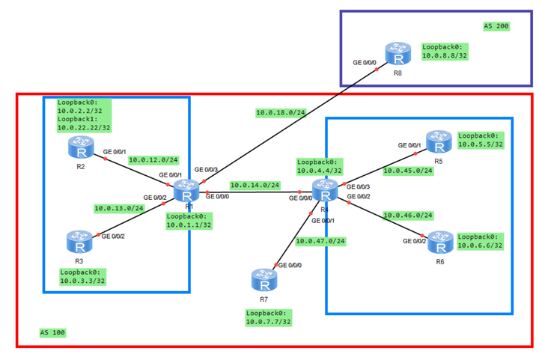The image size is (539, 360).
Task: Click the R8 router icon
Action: [x=398, y=53]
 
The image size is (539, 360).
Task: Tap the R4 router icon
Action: [x=325, y=190]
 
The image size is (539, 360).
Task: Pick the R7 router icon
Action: [x=264, y=280]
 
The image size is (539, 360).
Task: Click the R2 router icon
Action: [x=81, y=147]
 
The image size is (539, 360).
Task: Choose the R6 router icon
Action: [x=440, y=242]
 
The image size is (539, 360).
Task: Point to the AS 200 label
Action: [x=496, y=26]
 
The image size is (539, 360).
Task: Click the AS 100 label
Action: [x=52, y=332]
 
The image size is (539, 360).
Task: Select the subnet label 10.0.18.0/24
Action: [x=281, y=113]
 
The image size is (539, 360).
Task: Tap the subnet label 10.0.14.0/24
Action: [x=255, y=185]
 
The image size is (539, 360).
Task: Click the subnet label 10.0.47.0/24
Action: [x=320, y=241]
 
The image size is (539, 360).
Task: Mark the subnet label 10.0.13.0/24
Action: [x=119, y=208]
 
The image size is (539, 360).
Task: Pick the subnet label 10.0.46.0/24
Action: [x=408, y=216]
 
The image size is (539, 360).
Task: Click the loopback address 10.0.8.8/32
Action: [x=445, y=55]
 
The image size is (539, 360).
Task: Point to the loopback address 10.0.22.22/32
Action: [x=84, y=128]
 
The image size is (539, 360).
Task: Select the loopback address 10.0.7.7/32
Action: [x=268, y=322]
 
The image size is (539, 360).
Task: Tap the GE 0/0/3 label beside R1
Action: [x=206, y=170]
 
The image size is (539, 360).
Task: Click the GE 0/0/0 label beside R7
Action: [x=290, y=265]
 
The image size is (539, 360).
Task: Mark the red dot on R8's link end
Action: [x=377, y=70]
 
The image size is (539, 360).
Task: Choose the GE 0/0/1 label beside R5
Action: [x=409, y=145]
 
